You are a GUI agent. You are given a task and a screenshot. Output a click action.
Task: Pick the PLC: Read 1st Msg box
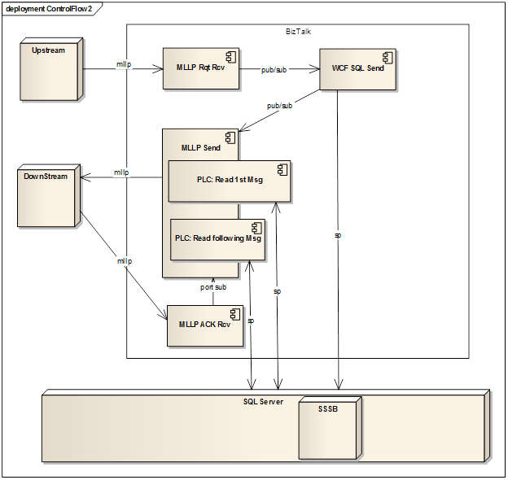229,181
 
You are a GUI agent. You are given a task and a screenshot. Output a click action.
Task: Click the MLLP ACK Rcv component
205,325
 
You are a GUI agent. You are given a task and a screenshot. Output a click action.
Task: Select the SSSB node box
329,429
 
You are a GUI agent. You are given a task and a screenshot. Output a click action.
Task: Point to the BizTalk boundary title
298,31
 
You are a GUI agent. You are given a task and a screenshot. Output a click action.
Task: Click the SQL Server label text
263,402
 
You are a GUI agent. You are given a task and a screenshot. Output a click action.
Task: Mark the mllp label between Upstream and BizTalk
123,63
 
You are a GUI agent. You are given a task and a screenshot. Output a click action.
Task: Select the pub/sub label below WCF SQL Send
279,106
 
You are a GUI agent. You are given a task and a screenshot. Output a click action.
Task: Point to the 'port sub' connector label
213,287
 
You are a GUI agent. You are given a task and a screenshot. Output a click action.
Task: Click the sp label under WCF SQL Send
338,235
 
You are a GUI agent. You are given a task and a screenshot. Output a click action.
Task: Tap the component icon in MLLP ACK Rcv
233,312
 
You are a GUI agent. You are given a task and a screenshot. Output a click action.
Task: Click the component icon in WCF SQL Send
388,56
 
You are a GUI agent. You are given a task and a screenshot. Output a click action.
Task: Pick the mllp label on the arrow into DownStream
121,172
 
